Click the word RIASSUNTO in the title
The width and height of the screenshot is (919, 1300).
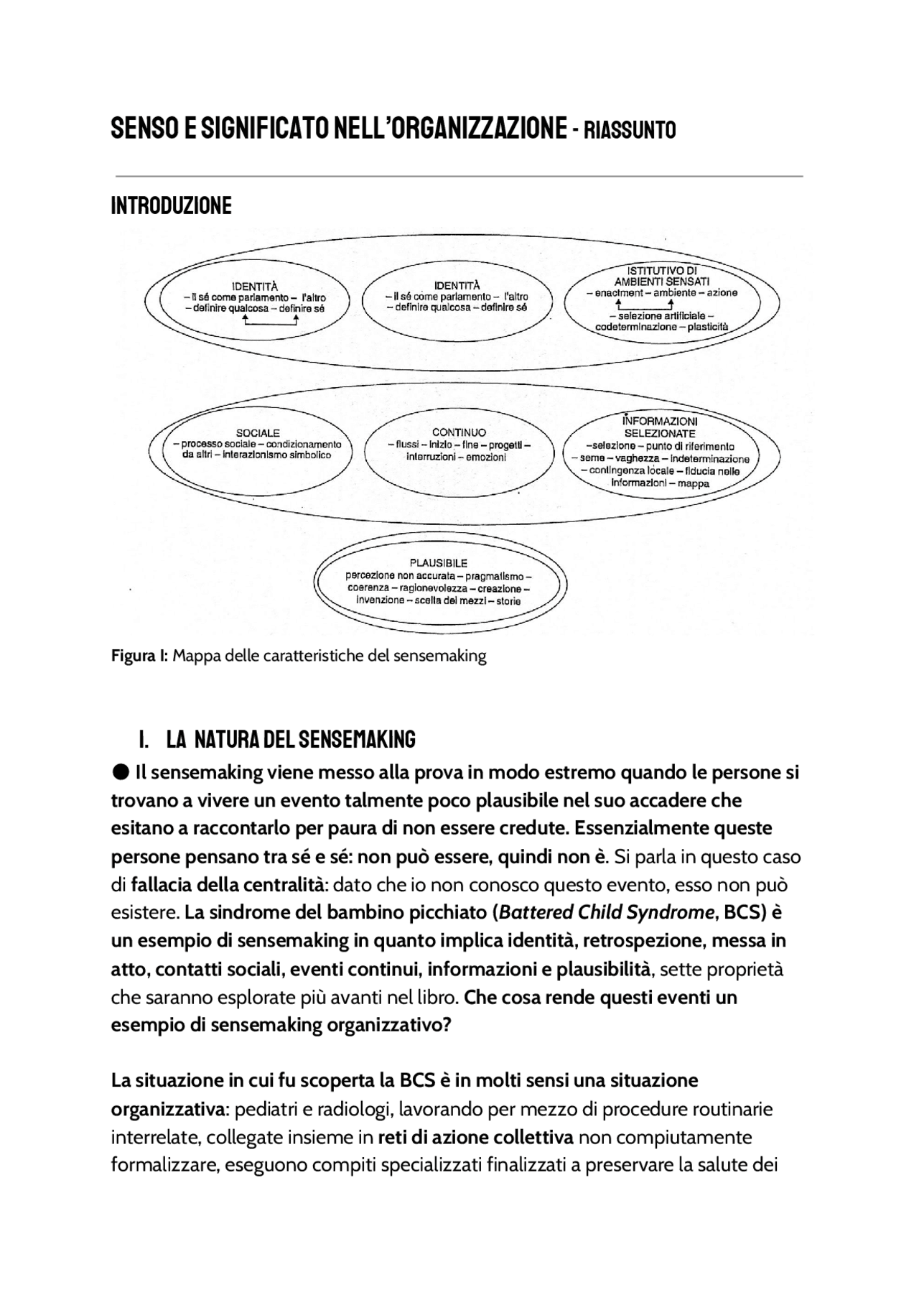click(x=630, y=131)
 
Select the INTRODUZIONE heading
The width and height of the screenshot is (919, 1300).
click(x=171, y=206)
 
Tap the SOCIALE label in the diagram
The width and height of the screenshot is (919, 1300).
click(x=258, y=433)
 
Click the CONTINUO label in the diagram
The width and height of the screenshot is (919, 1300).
click(x=459, y=432)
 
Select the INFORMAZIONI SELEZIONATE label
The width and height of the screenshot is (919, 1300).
click(x=659, y=427)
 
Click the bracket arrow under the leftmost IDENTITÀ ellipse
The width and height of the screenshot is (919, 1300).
click(x=271, y=322)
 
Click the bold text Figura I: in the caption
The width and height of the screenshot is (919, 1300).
click(x=139, y=656)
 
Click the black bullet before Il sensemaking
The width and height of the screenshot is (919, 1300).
click(x=121, y=772)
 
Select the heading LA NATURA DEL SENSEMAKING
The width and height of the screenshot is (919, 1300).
click(x=291, y=739)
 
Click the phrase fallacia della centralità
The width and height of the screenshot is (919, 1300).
click(x=228, y=884)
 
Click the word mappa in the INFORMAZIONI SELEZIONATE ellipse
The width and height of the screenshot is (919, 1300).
click(x=693, y=483)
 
